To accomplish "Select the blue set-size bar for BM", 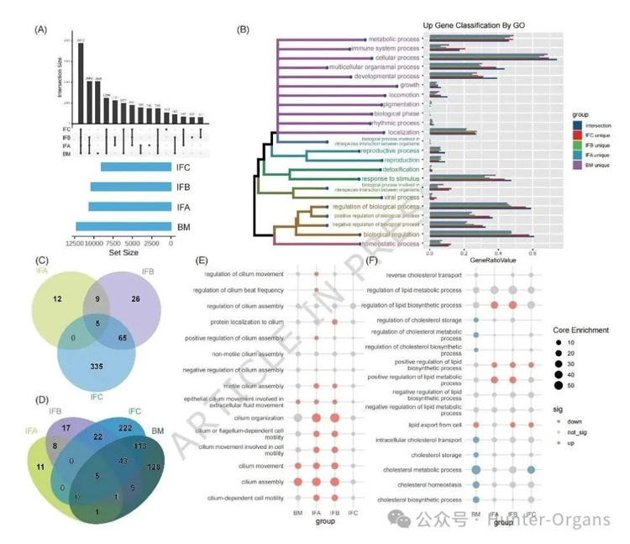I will pos(123,226).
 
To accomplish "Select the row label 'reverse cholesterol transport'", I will pos(423,275).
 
